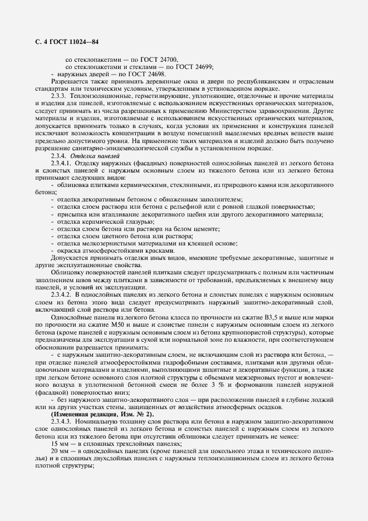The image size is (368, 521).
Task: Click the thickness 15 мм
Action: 60,446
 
